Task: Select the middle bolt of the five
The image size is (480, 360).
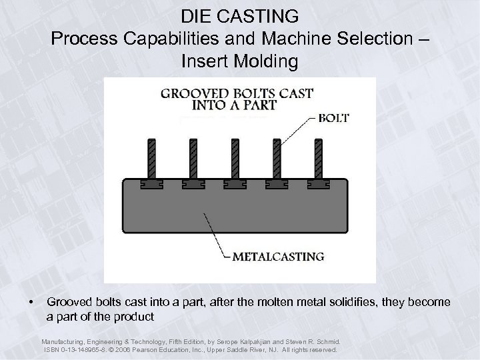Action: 233,158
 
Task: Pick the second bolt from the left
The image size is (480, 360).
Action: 193,158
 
